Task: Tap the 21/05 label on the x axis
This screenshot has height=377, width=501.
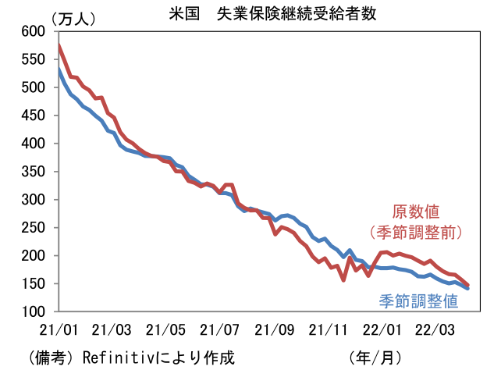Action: pos(169,329)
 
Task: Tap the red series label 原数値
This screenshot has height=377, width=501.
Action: pos(415,212)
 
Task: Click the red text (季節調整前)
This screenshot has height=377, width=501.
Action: pos(416,232)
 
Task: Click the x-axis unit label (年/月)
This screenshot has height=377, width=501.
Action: pos(376,358)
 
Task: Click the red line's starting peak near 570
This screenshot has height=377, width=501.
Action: pos(59,47)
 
